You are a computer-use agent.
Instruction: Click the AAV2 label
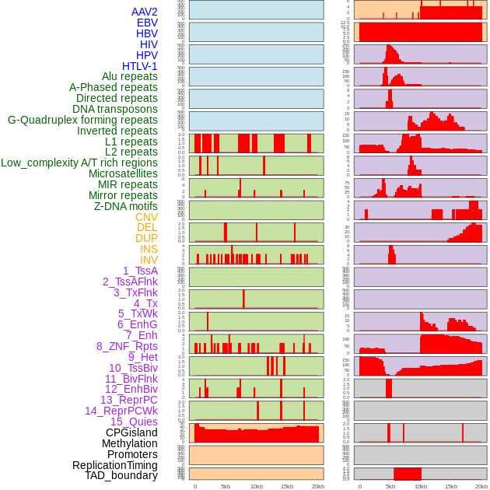(145, 12)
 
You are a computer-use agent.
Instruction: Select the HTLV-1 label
(140, 66)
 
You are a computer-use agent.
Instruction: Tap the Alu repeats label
(130, 77)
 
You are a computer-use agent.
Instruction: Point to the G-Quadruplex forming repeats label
(82, 120)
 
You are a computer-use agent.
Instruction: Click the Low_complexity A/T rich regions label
(79, 163)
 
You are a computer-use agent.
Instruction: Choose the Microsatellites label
(123, 173)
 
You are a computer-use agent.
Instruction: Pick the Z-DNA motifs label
(126, 206)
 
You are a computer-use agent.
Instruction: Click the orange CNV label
(146, 217)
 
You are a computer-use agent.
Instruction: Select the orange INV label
(149, 260)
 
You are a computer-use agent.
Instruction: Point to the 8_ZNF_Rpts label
(127, 346)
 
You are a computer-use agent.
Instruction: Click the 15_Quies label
(134, 422)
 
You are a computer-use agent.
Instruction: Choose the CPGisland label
(131, 432)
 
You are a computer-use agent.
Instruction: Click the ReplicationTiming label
(114, 465)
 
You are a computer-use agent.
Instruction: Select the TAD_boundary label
(121, 475)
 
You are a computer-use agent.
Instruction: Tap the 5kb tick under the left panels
(226, 486)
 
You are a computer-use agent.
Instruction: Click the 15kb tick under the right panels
(451, 486)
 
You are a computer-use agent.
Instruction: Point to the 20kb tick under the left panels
(317, 486)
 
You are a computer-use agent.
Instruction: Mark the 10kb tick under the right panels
(421, 486)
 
